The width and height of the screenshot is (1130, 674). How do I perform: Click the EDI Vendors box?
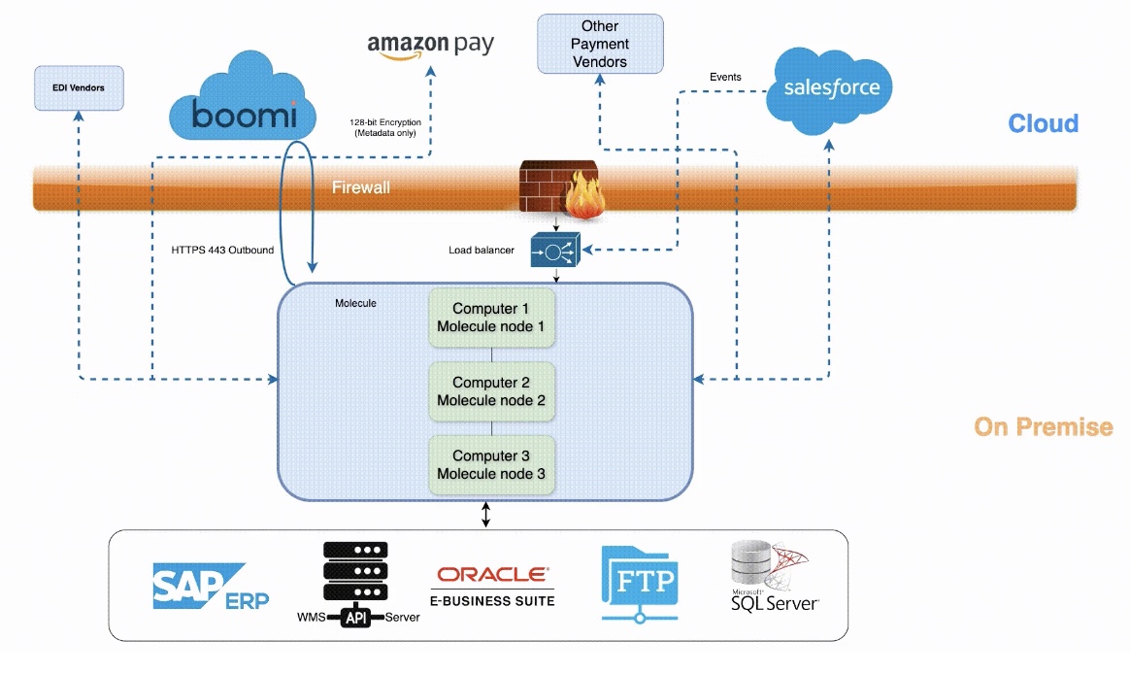click(x=80, y=88)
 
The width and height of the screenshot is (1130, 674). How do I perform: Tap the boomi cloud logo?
click(x=243, y=96)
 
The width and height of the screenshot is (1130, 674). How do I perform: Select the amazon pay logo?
click(x=430, y=47)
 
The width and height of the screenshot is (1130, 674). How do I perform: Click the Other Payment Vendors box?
click(x=600, y=44)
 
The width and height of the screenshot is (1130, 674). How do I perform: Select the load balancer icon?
click(x=555, y=250)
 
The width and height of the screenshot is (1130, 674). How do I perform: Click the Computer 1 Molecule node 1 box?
click(x=491, y=318)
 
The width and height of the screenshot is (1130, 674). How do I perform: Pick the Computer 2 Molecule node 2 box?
click(x=491, y=391)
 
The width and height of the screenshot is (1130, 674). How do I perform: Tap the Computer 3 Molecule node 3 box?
click(x=491, y=465)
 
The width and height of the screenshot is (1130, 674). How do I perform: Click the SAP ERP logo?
click(x=211, y=586)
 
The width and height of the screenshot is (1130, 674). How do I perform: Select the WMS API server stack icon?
click(x=356, y=584)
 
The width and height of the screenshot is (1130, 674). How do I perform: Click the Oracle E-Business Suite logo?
click(x=493, y=586)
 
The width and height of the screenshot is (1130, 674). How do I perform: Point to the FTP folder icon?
click(x=640, y=584)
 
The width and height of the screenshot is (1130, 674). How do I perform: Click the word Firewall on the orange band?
click(x=361, y=187)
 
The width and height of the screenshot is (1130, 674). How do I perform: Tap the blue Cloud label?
click(x=1043, y=123)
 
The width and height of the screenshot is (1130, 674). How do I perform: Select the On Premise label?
click(x=1044, y=426)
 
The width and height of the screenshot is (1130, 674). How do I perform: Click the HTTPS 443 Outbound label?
click(x=222, y=251)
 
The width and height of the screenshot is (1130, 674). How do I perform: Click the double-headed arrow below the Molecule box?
click(x=485, y=515)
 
